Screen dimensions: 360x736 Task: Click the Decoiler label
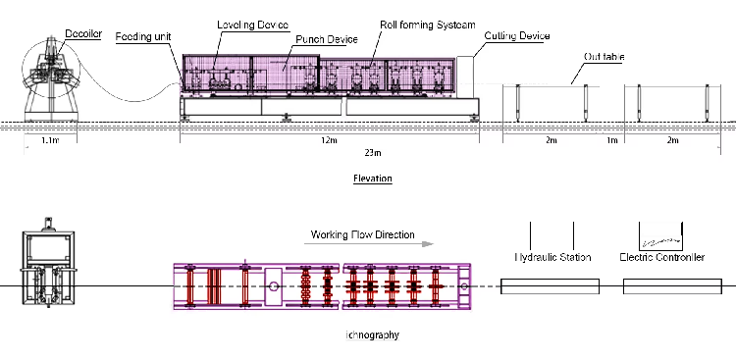[x=83, y=33]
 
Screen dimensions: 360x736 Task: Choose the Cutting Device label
[x=516, y=36]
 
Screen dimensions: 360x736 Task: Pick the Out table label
[x=604, y=57]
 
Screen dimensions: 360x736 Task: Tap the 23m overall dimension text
[x=372, y=154]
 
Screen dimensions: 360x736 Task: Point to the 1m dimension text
[x=612, y=141]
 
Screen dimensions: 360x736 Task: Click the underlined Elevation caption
[x=372, y=180]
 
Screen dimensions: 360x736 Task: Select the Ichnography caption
[x=373, y=335]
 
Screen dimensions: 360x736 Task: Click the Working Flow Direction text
[x=362, y=235]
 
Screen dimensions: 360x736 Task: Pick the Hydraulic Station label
[x=552, y=257]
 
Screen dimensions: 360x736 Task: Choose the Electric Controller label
[x=662, y=257]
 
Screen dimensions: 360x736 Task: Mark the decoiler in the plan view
[x=46, y=270]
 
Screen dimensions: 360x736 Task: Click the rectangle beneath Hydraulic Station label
[x=550, y=286]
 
